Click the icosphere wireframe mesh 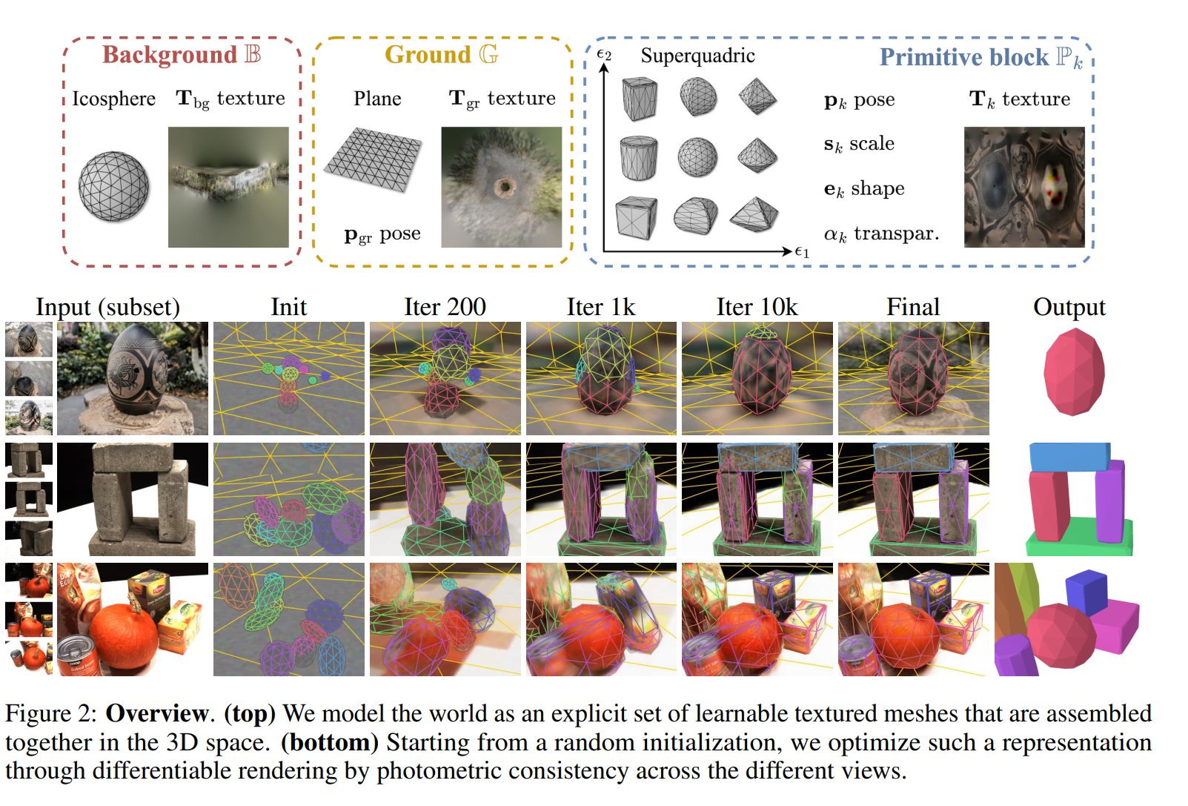tap(113, 186)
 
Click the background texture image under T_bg tap(228, 187)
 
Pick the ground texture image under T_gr tap(501, 187)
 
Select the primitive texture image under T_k tap(1023, 187)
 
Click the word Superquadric tap(697, 56)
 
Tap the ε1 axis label tap(802, 252)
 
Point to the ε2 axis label tap(604, 54)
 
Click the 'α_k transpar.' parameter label tap(881, 234)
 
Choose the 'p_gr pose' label tap(382, 234)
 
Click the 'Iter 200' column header tap(445, 307)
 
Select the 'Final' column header tap(913, 307)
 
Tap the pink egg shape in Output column tap(1074, 372)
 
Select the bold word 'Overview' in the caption tap(157, 713)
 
